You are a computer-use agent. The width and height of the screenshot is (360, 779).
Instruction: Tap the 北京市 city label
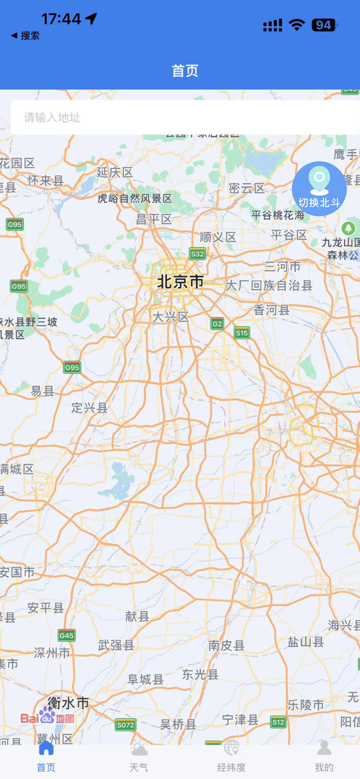[x=180, y=282]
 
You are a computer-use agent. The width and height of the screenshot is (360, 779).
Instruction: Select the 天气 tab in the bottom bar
[x=139, y=758]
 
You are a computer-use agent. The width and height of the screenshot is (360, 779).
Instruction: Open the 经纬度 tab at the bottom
[x=231, y=758]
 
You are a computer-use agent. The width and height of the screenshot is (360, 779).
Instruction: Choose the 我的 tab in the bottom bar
[x=324, y=758]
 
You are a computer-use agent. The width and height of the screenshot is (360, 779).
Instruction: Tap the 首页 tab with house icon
[x=46, y=758]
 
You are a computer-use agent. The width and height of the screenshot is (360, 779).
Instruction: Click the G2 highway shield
[x=217, y=324]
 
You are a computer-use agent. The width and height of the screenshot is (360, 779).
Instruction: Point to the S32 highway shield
[x=197, y=254]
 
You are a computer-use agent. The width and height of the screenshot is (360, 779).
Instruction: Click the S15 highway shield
[x=242, y=333]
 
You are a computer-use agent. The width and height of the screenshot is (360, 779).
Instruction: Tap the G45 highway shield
[x=66, y=636]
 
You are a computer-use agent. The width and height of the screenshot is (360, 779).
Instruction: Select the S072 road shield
[x=125, y=725]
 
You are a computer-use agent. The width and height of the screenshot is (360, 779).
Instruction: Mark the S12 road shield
[x=278, y=722]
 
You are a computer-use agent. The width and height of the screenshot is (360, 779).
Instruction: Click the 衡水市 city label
[x=68, y=704]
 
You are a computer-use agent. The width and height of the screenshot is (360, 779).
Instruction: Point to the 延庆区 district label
[x=115, y=172]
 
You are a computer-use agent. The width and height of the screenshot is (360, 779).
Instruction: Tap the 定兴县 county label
[x=89, y=408]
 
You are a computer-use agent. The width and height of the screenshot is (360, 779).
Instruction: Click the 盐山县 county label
[x=306, y=642]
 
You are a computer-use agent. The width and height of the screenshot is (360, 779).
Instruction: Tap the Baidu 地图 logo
[x=47, y=717]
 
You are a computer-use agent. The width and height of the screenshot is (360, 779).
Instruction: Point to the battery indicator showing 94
[x=324, y=25]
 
